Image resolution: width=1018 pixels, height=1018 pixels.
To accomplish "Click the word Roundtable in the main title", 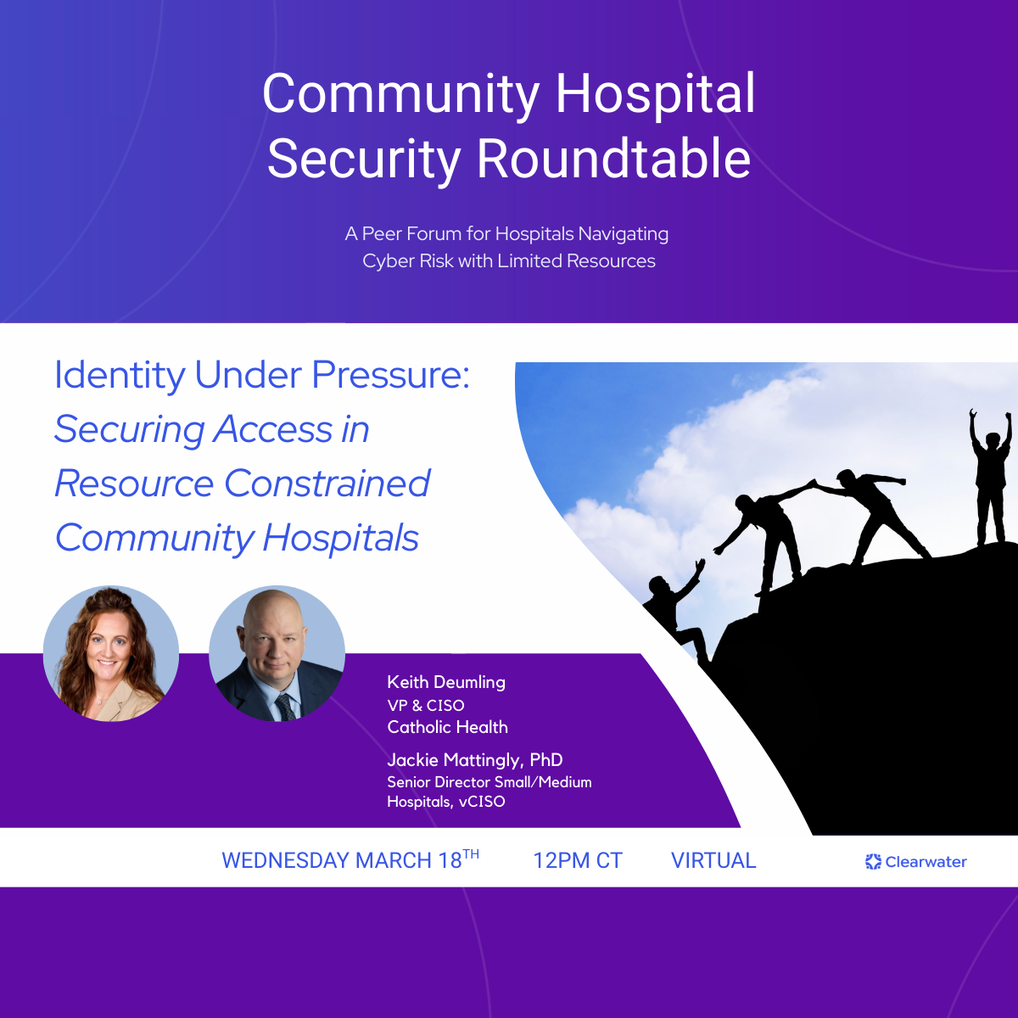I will click(613, 159).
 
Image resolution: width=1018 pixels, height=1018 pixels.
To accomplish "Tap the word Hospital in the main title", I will click(655, 93).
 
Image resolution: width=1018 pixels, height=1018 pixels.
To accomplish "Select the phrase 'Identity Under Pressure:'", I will click(262, 375).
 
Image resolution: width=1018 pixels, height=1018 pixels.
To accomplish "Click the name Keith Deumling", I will click(446, 682).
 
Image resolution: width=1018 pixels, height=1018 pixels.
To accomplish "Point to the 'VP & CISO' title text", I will click(426, 705).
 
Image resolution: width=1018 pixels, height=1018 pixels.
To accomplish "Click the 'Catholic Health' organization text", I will click(447, 727).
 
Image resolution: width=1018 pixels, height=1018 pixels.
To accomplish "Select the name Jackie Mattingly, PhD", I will click(475, 760).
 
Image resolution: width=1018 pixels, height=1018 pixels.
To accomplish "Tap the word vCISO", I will click(482, 802).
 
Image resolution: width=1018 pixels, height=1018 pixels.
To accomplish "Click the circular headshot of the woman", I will click(111, 653).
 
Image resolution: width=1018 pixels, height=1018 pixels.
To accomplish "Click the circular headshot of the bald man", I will click(277, 653).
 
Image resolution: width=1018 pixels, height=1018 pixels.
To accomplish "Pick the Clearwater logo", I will click(915, 862).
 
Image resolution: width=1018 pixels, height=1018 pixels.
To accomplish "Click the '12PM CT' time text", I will click(578, 861).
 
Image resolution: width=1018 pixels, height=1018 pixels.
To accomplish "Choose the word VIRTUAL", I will click(713, 861).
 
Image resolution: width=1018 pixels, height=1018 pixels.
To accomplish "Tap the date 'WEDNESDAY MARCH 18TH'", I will click(350, 860).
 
